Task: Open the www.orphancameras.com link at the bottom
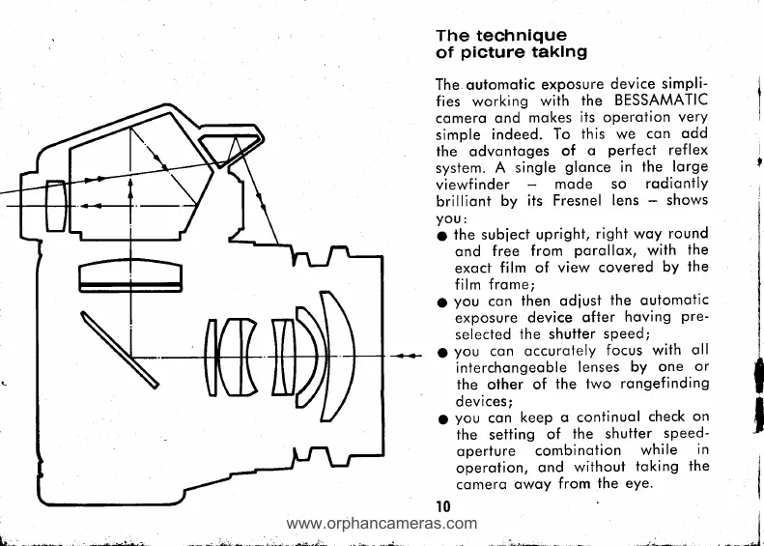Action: (383, 527)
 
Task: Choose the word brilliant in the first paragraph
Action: (469, 200)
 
